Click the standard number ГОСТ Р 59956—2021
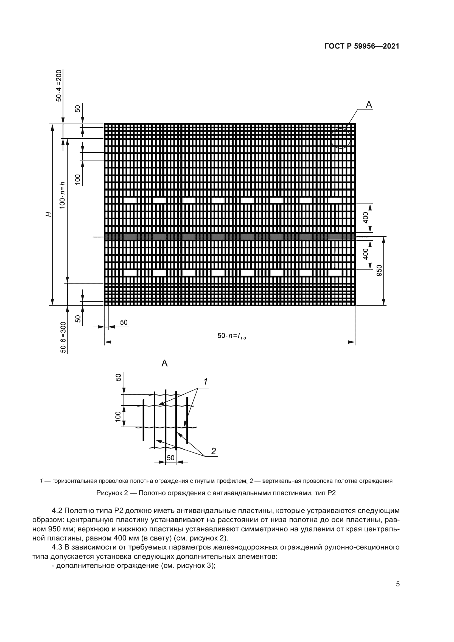click(362, 46)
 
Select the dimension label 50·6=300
click(63, 337)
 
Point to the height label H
click(49, 214)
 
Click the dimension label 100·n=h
click(62, 195)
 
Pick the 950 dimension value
click(379, 271)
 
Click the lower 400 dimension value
click(366, 254)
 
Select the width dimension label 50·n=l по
click(231, 336)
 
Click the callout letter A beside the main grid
click(369, 105)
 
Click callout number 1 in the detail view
click(206, 382)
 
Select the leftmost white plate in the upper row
click(130, 200)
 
